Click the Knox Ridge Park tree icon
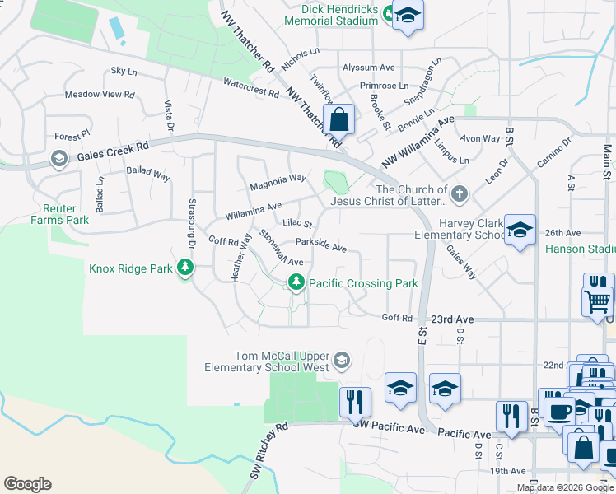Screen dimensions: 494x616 [186, 268]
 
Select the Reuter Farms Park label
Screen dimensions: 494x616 [59, 215]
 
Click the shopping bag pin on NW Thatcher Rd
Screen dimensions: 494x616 [338, 120]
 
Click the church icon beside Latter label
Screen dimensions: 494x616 [460, 194]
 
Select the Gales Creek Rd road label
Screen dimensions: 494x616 [113, 151]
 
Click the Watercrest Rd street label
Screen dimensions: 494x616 [250, 87]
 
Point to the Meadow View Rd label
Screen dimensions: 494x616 [99, 95]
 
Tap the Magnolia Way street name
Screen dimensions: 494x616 [278, 179]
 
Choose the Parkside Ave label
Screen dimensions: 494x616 [321, 246]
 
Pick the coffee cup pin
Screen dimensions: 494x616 [559, 410]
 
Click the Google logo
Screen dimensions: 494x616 [27, 484]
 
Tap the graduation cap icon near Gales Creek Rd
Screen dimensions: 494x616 [58, 159]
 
